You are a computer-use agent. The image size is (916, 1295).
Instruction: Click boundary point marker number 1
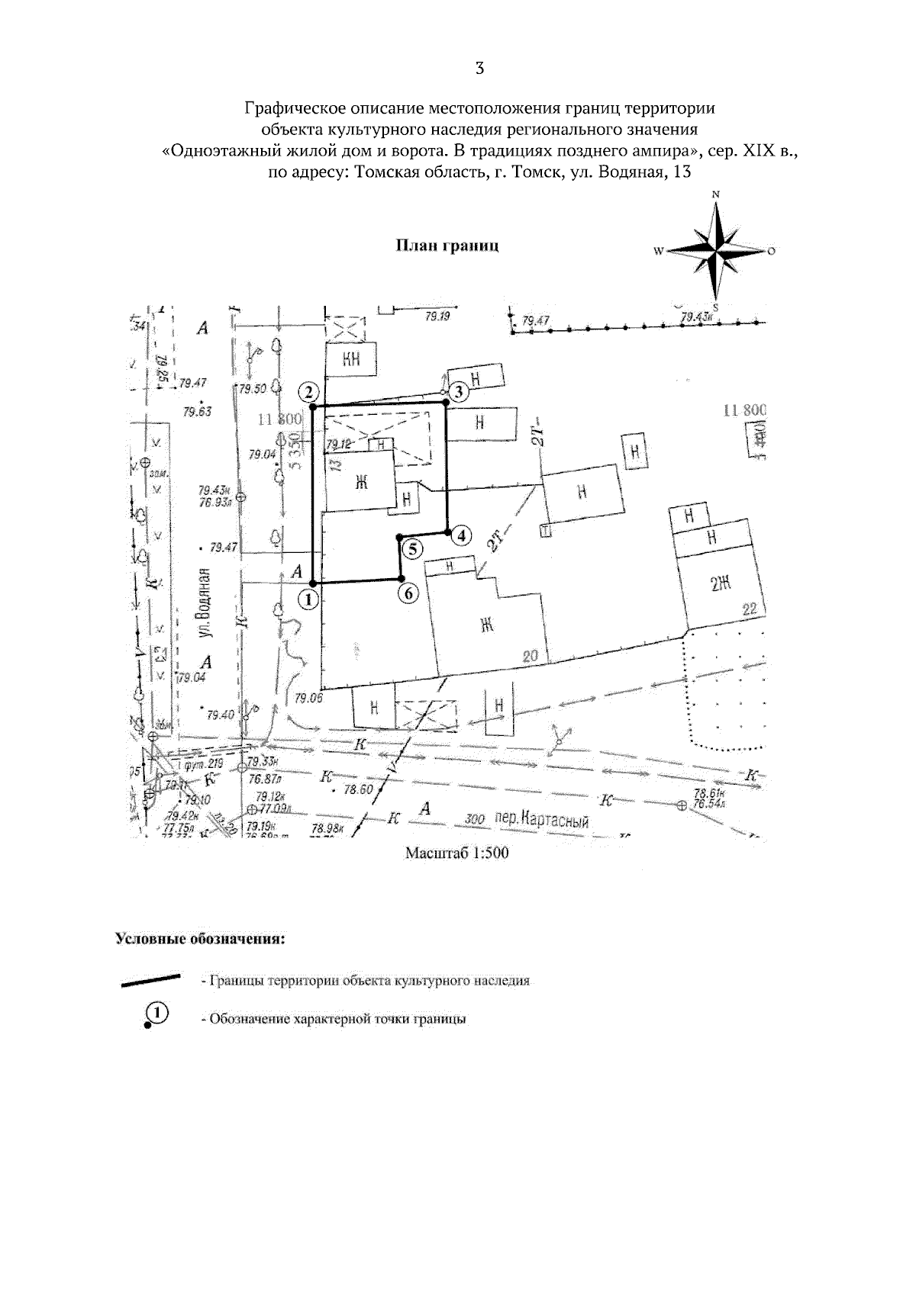pos(308,599)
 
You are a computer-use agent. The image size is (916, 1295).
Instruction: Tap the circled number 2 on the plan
pos(308,393)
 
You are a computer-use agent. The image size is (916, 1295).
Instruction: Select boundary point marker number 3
pos(457,393)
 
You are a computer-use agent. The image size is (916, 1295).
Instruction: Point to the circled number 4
pos(460,535)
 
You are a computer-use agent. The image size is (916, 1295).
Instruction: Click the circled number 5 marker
pos(412,548)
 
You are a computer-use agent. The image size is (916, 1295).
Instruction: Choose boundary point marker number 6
pos(408,593)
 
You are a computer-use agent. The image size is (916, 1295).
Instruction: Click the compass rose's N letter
pos(716,194)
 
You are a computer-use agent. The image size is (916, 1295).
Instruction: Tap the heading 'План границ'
pos(447,246)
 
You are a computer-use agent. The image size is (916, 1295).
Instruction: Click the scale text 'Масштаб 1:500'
pos(456,853)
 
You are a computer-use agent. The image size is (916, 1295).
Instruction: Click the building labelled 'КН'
pos(351,358)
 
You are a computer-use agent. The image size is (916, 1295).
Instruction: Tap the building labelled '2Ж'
pos(721,585)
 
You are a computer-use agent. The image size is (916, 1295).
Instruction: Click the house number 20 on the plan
pos(531,654)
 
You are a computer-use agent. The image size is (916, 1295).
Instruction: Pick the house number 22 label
pos(748,608)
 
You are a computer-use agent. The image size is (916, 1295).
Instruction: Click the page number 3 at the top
pos(479,69)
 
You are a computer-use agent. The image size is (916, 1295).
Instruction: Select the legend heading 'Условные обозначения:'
pos(200,937)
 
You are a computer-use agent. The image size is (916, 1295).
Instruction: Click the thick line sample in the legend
pos(151,979)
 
